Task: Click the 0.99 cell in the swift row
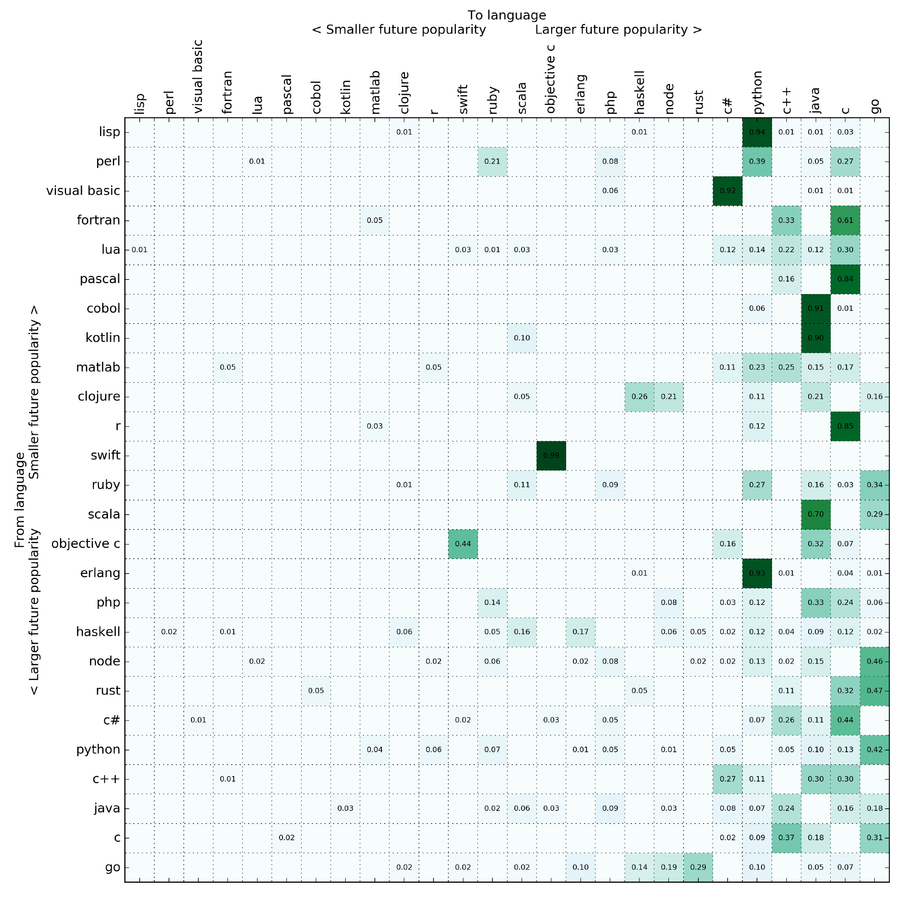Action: coord(551,456)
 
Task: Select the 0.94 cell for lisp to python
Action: coord(757,132)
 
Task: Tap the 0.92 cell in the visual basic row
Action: coord(727,190)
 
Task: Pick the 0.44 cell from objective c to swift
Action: coord(463,544)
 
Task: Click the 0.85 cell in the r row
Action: coord(845,426)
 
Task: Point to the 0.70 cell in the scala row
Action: coord(816,515)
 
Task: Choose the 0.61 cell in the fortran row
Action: coord(845,220)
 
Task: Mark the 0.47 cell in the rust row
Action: coord(874,691)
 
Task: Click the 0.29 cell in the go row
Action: coord(698,867)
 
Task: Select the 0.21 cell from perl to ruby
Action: coord(492,162)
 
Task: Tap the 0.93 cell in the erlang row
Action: coord(757,574)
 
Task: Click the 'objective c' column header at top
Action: coord(551,78)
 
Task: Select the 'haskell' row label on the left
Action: coord(98,632)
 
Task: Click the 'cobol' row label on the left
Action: coord(103,309)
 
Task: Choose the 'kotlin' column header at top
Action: coord(345,97)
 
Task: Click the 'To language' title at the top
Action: coord(507,15)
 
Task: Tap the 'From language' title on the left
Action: coord(20,500)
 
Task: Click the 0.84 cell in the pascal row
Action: coord(845,279)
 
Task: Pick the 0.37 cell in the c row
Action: coord(786,838)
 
